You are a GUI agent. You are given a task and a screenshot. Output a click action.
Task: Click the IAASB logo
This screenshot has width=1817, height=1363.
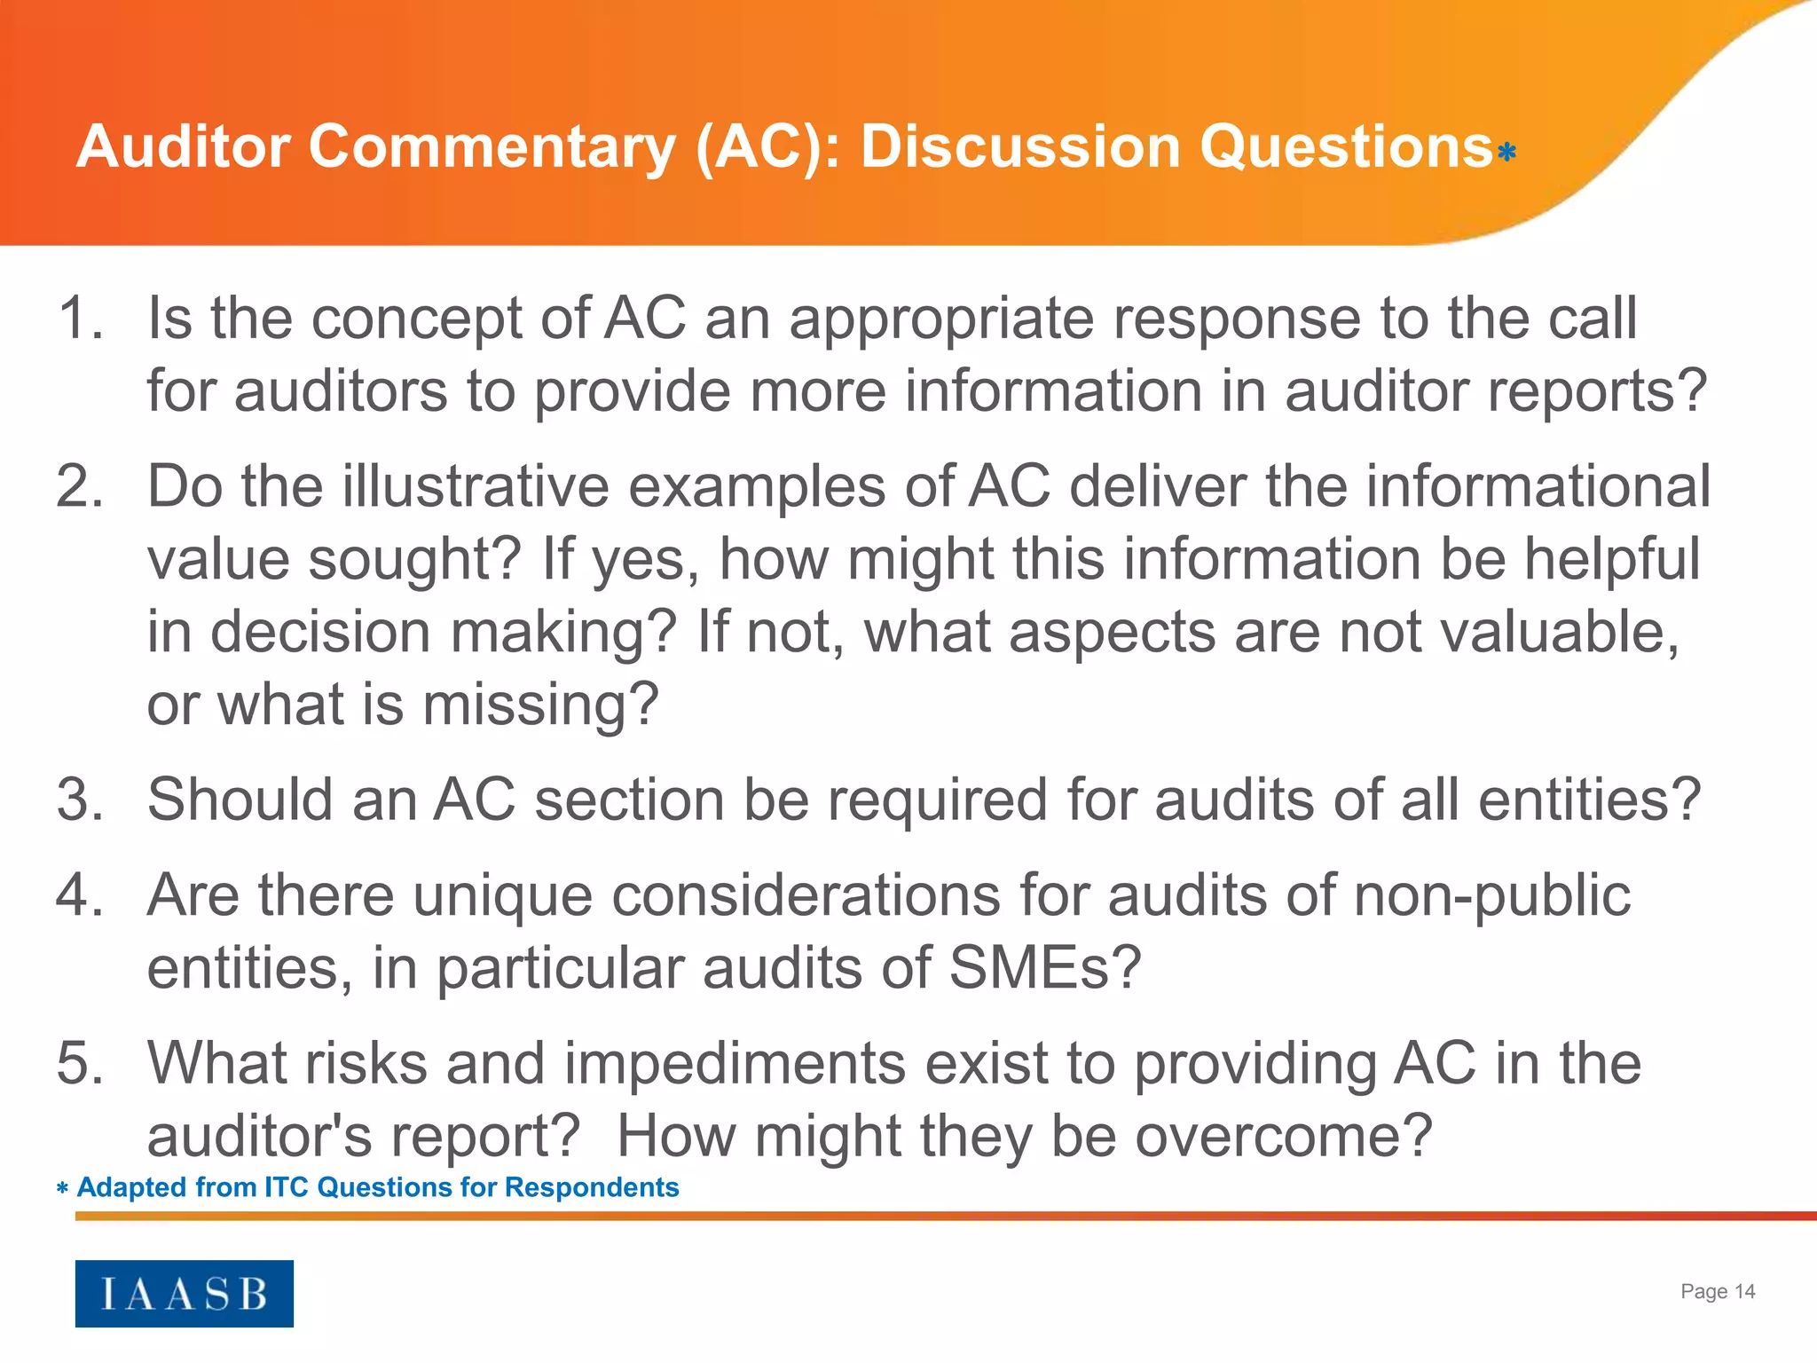pos(184,1293)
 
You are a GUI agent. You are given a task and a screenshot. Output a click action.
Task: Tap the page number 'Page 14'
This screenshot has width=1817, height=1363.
pos(1718,1291)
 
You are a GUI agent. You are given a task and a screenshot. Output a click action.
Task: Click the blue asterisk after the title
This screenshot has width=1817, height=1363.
pos(1506,153)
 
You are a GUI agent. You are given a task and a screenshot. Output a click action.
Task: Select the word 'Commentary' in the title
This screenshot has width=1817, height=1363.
pos(492,146)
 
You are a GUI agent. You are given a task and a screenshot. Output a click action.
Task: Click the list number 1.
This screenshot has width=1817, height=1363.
pos(80,318)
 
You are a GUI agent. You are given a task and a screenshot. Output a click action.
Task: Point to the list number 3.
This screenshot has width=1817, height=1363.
pos(80,799)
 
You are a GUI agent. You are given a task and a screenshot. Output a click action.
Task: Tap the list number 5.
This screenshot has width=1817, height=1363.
pos(80,1062)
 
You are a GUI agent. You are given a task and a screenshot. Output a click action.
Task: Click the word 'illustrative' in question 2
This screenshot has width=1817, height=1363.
pos(476,486)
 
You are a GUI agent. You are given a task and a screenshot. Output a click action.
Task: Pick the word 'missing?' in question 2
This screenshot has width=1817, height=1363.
pos(540,705)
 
